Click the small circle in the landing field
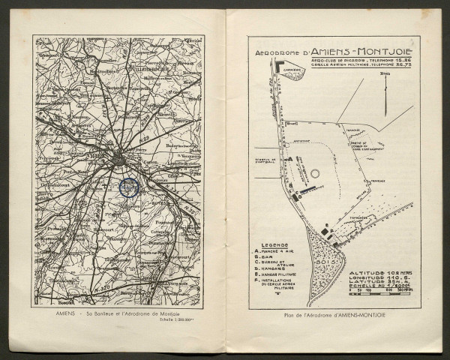click(314, 173)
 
